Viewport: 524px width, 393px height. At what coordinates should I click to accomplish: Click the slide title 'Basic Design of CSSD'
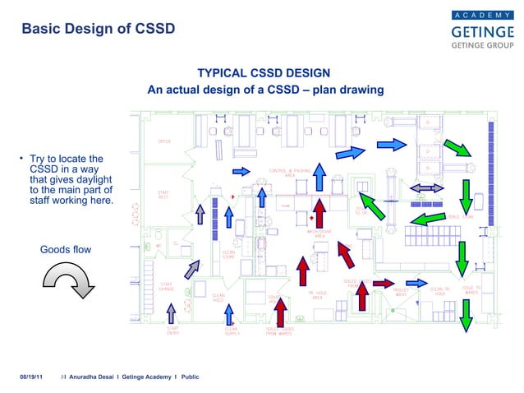pyautogui.click(x=98, y=30)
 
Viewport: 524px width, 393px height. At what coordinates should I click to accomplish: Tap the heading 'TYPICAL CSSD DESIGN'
pyautogui.click(x=264, y=73)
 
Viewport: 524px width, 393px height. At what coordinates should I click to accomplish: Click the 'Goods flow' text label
pyautogui.click(x=66, y=249)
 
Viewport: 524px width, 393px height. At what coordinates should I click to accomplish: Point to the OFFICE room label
pyautogui.click(x=164, y=141)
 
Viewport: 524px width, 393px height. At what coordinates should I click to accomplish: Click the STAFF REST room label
pyautogui.click(x=164, y=195)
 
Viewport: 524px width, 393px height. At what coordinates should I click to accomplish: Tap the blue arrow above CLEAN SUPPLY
pyautogui.click(x=230, y=312)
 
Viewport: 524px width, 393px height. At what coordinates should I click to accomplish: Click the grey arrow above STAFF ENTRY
pyautogui.click(x=171, y=312)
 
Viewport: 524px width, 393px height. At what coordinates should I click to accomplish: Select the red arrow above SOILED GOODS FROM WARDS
pyautogui.click(x=281, y=311)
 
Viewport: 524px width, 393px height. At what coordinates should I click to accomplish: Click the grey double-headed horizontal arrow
pyautogui.click(x=426, y=189)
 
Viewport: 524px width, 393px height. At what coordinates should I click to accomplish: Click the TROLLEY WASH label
pyautogui.click(x=402, y=292)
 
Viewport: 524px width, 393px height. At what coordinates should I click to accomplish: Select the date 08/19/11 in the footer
pyautogui.click(x=34, y=377)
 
